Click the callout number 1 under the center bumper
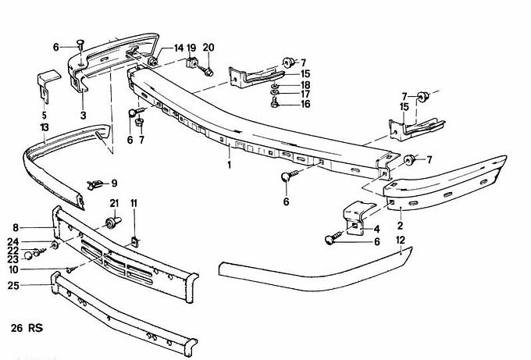click(228, 165)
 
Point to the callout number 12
click(401, 242)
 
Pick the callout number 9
click(114, 184)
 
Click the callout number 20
click(208, 47)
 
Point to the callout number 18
click(305, 84)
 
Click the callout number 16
click(305, 104)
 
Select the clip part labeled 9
click(96, 184)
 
